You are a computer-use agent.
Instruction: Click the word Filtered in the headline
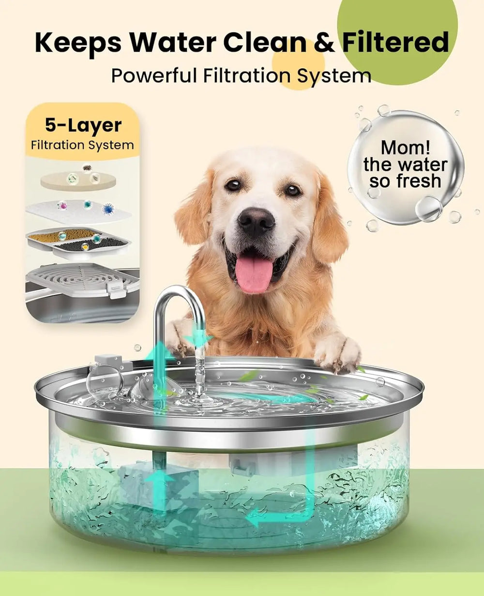(395, 43)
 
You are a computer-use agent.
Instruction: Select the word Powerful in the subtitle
(154, 76)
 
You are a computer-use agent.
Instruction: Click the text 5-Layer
(83, 125)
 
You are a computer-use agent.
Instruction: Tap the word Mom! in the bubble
(405, 147)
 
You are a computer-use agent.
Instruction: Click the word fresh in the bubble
(418, 182)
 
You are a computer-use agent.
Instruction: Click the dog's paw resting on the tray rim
(337, 352)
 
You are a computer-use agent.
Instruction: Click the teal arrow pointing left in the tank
(261, 520)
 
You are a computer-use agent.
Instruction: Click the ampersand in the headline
(324, 43)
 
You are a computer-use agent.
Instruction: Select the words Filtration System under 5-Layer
(82, 145)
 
